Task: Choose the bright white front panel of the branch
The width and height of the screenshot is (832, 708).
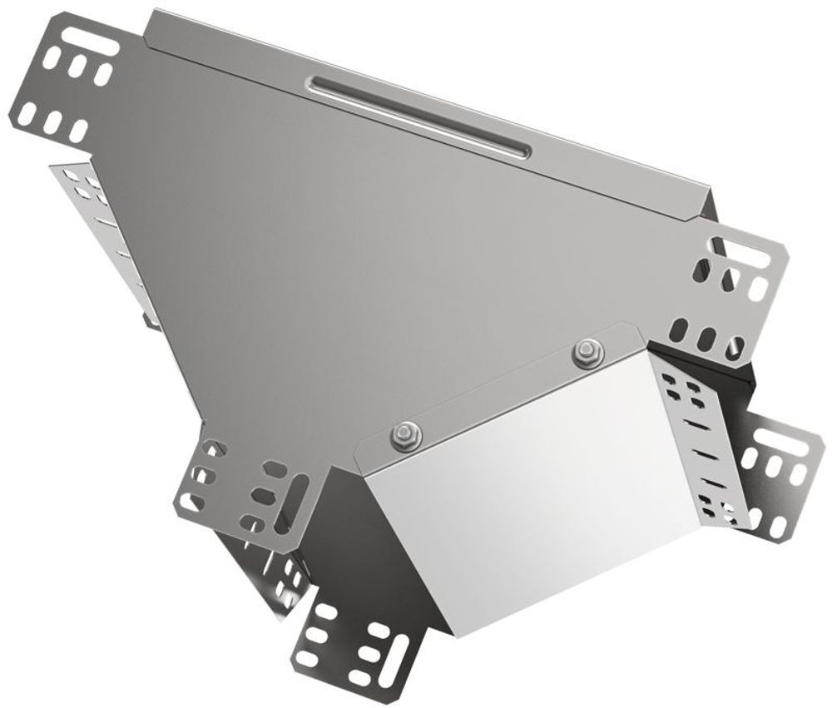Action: click(532, 483)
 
